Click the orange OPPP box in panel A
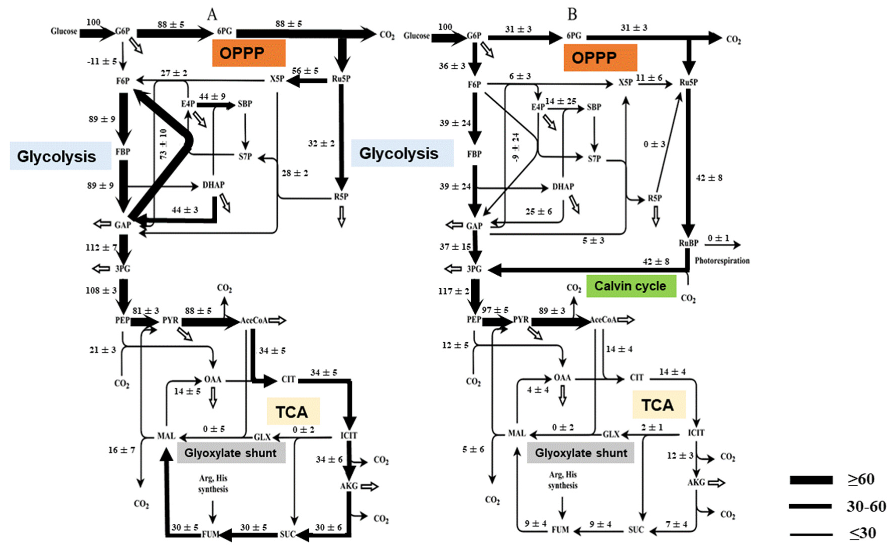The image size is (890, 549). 248,53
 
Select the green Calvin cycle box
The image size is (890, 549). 631,286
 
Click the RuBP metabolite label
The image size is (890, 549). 688,243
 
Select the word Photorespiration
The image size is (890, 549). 722,260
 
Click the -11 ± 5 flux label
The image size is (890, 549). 102,61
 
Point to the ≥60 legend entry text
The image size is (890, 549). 861,479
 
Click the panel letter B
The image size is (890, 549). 572,15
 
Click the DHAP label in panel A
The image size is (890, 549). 213,185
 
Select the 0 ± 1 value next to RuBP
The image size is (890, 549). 718,238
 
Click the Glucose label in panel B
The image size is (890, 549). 416,36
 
